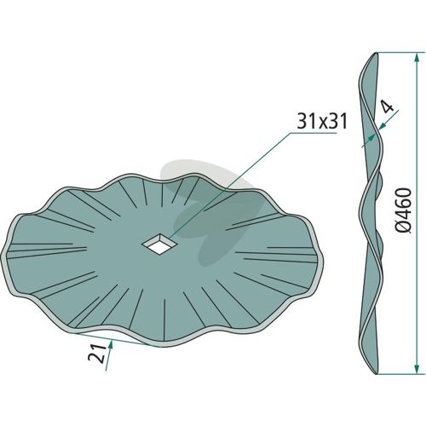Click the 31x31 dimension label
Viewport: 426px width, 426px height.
(x=322, y=122)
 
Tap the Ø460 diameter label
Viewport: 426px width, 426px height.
(x=403, y=210)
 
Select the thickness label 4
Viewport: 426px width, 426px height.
(x=389, y=107)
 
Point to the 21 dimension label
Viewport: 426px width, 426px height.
(x=95, y=354)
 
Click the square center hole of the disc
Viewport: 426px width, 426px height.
(x=159, y=244)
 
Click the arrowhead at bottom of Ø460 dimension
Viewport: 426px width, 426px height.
(x=417, y=368)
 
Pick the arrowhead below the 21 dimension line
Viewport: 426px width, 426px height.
(x=111, y=345)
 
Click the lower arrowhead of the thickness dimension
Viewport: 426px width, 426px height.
(x=370, y=138)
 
